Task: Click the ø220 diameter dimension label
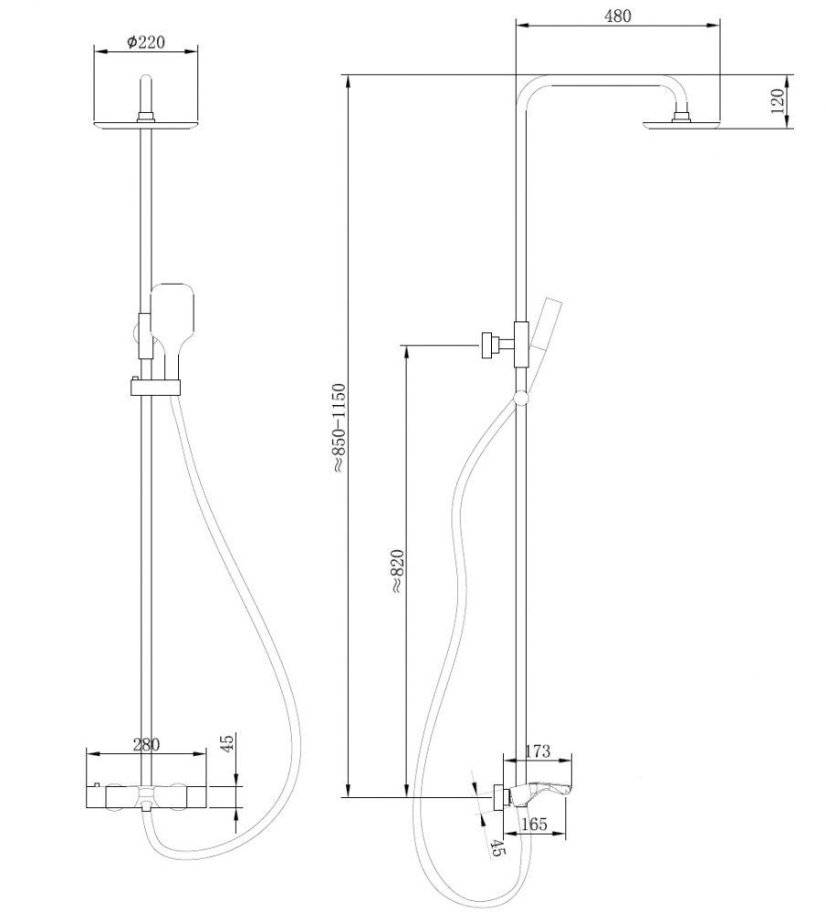tap(146, 42)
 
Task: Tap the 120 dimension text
tap(778, 100)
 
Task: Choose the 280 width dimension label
tap(146, 744)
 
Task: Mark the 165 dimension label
tap(533, 824)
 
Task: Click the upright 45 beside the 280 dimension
tap(229, 744)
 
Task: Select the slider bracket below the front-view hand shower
tap(157, 388)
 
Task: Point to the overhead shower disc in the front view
tap(146, 125)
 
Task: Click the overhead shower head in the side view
tap(682, 126)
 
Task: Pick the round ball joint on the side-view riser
tap(521, 398)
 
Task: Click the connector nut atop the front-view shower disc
tap(146, 116)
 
